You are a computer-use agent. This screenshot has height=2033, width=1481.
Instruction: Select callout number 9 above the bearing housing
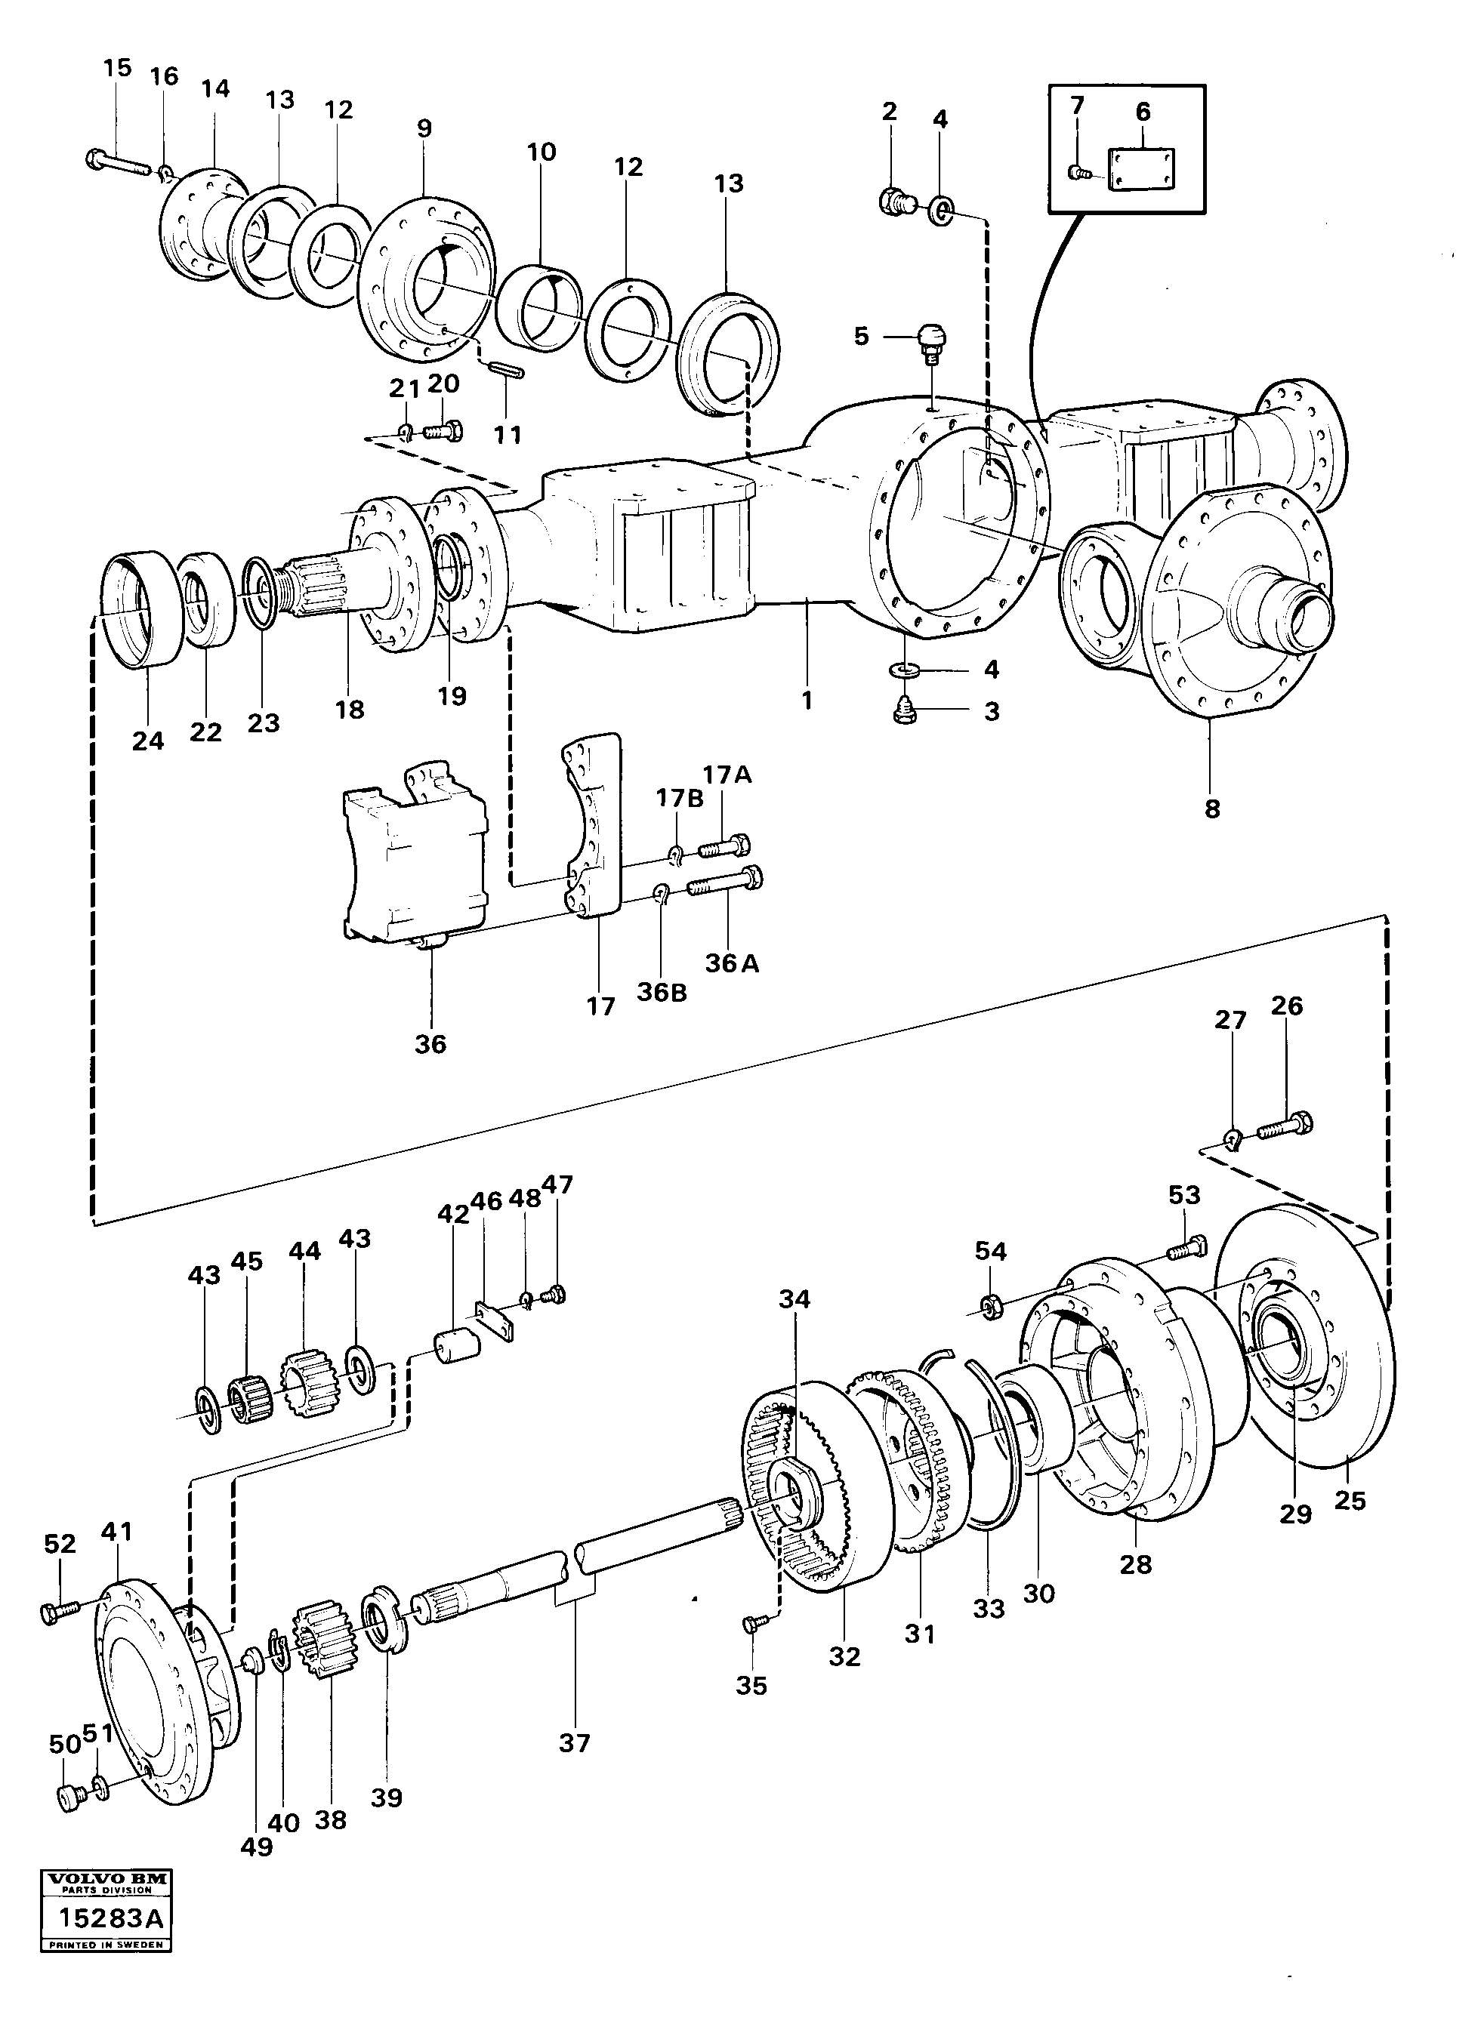tap(424, 128)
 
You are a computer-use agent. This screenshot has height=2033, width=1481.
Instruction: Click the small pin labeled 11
tap(508, 369)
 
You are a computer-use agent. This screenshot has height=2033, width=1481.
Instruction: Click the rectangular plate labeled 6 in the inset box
tap(1141, 169)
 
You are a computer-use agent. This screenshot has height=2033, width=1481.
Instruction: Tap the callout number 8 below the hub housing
tap(1212, 809)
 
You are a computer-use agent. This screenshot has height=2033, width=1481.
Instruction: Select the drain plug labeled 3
tap(904, 713)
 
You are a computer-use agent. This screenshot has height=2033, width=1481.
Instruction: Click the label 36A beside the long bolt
tap(732, 963)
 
